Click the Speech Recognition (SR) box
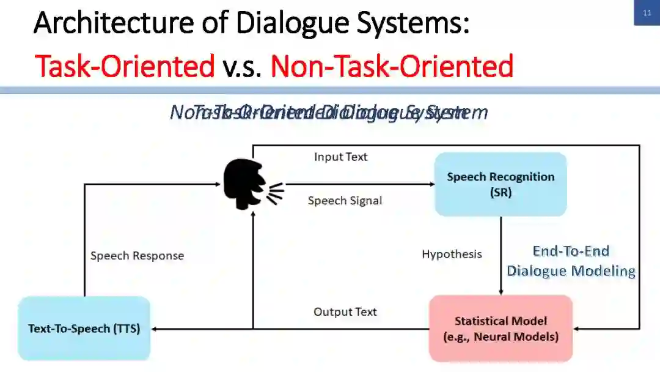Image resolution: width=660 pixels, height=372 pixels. [501, 184]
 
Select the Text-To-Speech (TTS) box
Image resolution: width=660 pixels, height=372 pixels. [84, 329]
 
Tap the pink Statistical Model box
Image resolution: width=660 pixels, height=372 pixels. [501, 329]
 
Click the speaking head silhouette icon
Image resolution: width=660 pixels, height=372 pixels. [247, 183]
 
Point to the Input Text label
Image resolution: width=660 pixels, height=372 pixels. [340, 157]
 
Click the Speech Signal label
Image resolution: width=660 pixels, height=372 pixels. [345, 201]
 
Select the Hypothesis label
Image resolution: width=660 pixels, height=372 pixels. [452, 254]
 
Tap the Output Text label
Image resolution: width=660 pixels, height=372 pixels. [345, 312]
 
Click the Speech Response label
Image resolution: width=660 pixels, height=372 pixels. [137, 256]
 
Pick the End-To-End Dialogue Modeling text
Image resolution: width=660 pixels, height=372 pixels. [571, 261]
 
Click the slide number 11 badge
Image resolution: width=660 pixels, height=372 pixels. [647, 13]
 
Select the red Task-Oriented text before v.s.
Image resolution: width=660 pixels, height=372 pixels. [125, 66]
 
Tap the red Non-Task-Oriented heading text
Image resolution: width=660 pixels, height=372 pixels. [391, 66]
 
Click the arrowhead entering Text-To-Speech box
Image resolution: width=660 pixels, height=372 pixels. [155, 329]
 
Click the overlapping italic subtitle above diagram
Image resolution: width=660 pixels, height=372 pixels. [329, 113]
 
